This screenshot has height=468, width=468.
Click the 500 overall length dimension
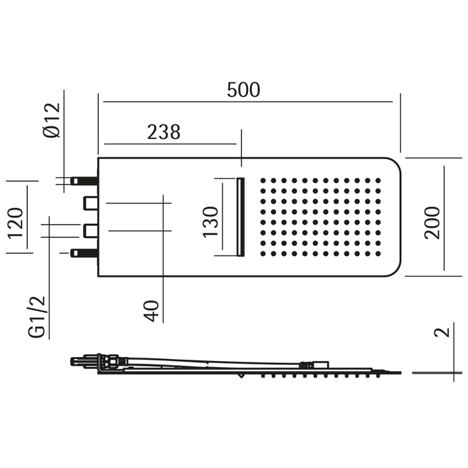(x=243, y=90)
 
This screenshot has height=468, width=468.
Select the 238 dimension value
(x=164, y=132)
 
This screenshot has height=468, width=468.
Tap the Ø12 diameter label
(x=51, y=120)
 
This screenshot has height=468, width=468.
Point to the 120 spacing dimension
(x=15, y=223)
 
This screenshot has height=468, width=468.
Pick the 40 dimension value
(x=153, y=310)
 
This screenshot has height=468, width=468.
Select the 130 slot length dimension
(x=210, y=221)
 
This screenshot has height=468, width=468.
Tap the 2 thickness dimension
(x=439, y=332)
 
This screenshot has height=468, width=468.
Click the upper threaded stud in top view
(x=84, y=181)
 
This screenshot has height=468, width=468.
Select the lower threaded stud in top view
(x=84, y=253)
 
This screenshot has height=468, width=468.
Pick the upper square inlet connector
(x=90, y=202)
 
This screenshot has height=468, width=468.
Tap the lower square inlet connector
(x=90, y=231)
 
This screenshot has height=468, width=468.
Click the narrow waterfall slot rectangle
(x=241, y=216)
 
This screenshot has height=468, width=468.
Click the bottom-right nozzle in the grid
(x=378, y=254)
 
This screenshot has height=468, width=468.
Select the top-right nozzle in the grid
(x=378, y=181)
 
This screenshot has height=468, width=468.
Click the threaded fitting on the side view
(x=84, y=362)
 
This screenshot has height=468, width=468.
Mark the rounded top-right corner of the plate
(x=395, y=163)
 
